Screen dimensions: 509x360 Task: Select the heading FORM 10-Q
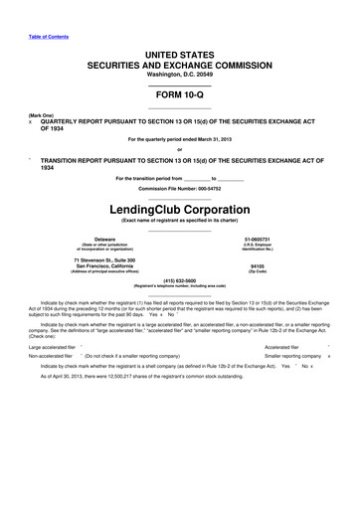pyautogui.click(x=180, y=90)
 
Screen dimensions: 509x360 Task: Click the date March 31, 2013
pyautogui.click(x=209, y=138)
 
